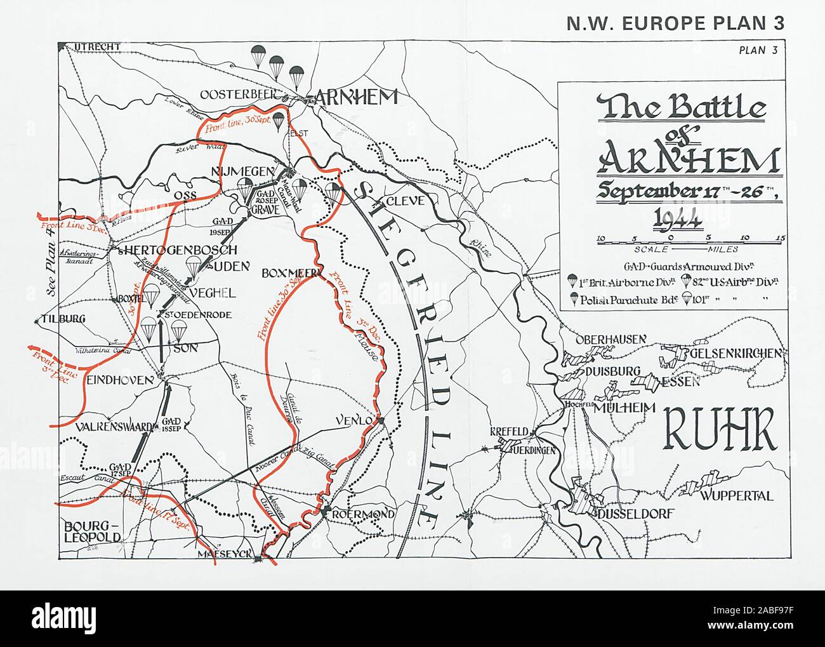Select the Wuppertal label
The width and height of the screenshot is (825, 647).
click(737, 496)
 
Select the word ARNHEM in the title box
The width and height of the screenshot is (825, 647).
click(688, 159)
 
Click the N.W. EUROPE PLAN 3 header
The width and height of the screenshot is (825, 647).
click(675, 23)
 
